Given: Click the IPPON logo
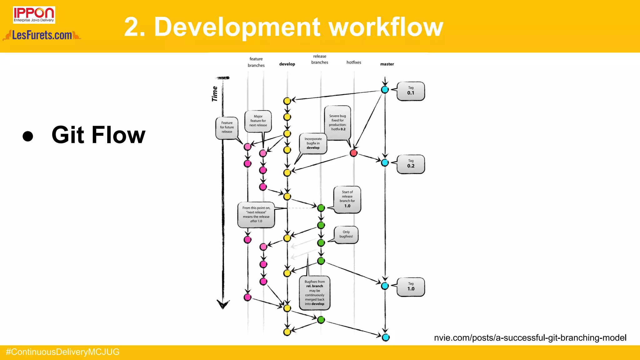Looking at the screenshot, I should point(34,15).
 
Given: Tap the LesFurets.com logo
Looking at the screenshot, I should point(42,35).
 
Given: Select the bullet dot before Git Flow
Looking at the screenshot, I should point(28,136).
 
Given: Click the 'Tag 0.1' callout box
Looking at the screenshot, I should point(411,91).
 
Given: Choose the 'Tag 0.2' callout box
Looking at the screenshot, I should point(411,164).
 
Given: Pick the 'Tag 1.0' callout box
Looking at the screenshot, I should point(411,287).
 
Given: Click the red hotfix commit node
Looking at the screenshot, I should point(353,153).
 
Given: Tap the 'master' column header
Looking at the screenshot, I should point(387,64).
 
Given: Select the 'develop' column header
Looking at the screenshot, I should point(287,64).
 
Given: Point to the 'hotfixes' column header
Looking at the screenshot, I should point(354,62).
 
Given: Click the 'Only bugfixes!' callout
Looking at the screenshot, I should point(346,234).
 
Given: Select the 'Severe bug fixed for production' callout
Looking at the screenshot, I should point(337,122).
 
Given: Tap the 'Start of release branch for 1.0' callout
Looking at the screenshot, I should point(347,199).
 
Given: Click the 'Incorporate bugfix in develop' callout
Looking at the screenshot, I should point(313,143).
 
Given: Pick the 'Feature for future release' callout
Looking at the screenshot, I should point(227,127).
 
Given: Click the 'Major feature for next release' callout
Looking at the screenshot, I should point(258,121).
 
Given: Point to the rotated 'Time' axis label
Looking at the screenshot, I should point(215,94).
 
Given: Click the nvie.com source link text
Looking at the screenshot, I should point(530,337).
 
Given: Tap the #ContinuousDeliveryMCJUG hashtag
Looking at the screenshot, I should point(62,352).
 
